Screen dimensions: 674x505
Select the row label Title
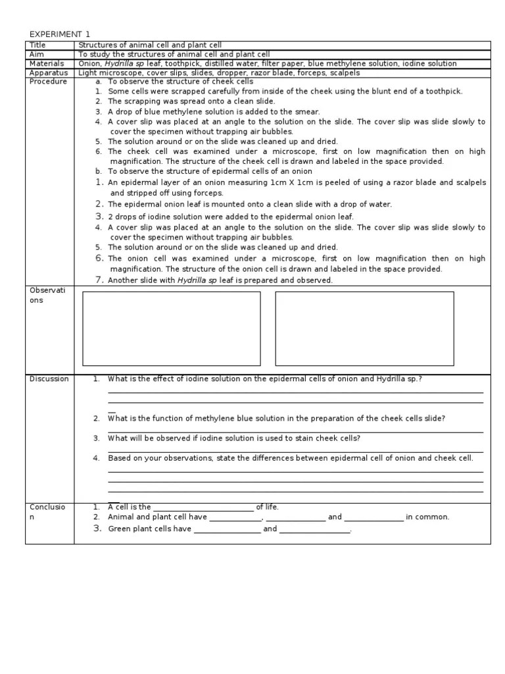click(x=37, y=45)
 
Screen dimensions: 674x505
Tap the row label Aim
click(x=37, y=54)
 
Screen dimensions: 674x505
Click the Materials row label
click(x=46, y=63)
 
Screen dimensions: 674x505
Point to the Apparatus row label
click(x=49, y=72)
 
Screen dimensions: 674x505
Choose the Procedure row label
click(x=48, y=82)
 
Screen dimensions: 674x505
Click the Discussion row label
click(x=49, y=378)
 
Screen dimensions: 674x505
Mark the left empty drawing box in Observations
click(x=171, y=328)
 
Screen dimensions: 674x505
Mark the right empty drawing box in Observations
click(x=364, y=328)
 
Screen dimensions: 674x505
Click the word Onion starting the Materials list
click(x=89, y=63)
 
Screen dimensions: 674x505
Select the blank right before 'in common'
click(x=373, y=517)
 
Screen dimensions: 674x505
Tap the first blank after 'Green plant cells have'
click(x=227, y=529)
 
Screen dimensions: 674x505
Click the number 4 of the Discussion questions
click(x=96, y=457)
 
